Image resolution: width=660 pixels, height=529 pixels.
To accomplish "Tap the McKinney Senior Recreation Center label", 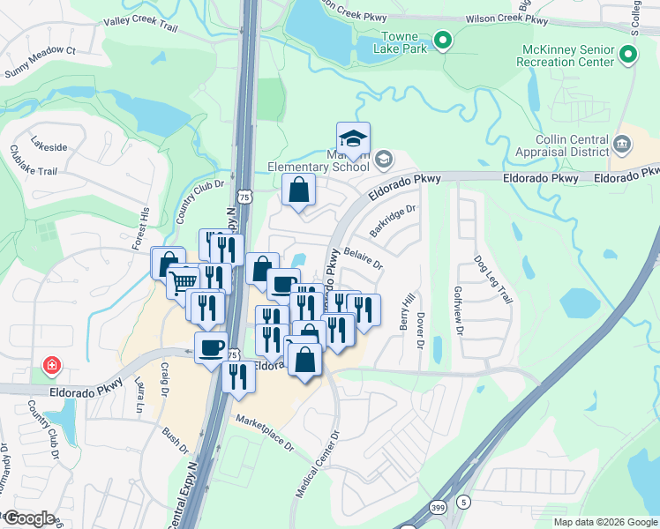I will tap(566, 57).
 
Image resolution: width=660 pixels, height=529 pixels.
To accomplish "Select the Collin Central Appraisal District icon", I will tap(620, 144).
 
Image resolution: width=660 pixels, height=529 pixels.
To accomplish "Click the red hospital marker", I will tap(53, 365).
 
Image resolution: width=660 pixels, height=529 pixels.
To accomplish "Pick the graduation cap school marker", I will tap(353, 140).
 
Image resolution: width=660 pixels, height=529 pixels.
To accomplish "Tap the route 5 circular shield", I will tap(463, 502).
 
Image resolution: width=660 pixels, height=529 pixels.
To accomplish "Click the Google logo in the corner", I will tap(29, 518).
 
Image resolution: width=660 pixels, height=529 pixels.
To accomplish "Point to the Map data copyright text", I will tap(604, 522).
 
